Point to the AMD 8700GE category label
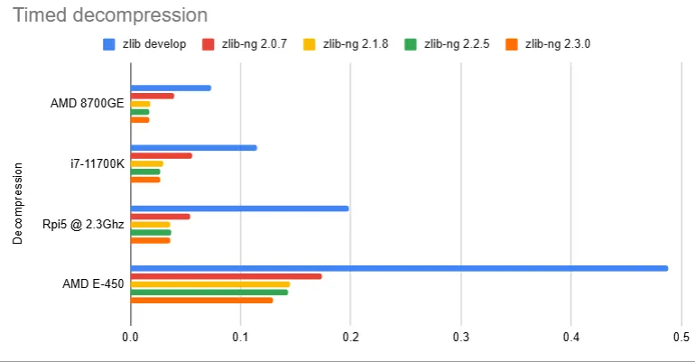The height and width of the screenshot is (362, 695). [88, 104]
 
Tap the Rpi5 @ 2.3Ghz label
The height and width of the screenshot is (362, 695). [82, 224]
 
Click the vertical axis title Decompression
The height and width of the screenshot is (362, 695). [17, 202]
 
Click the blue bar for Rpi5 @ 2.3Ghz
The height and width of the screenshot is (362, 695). [239, 209]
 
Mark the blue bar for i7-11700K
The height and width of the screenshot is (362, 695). [193, 148]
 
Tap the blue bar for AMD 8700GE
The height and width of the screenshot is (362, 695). [171, 88]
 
